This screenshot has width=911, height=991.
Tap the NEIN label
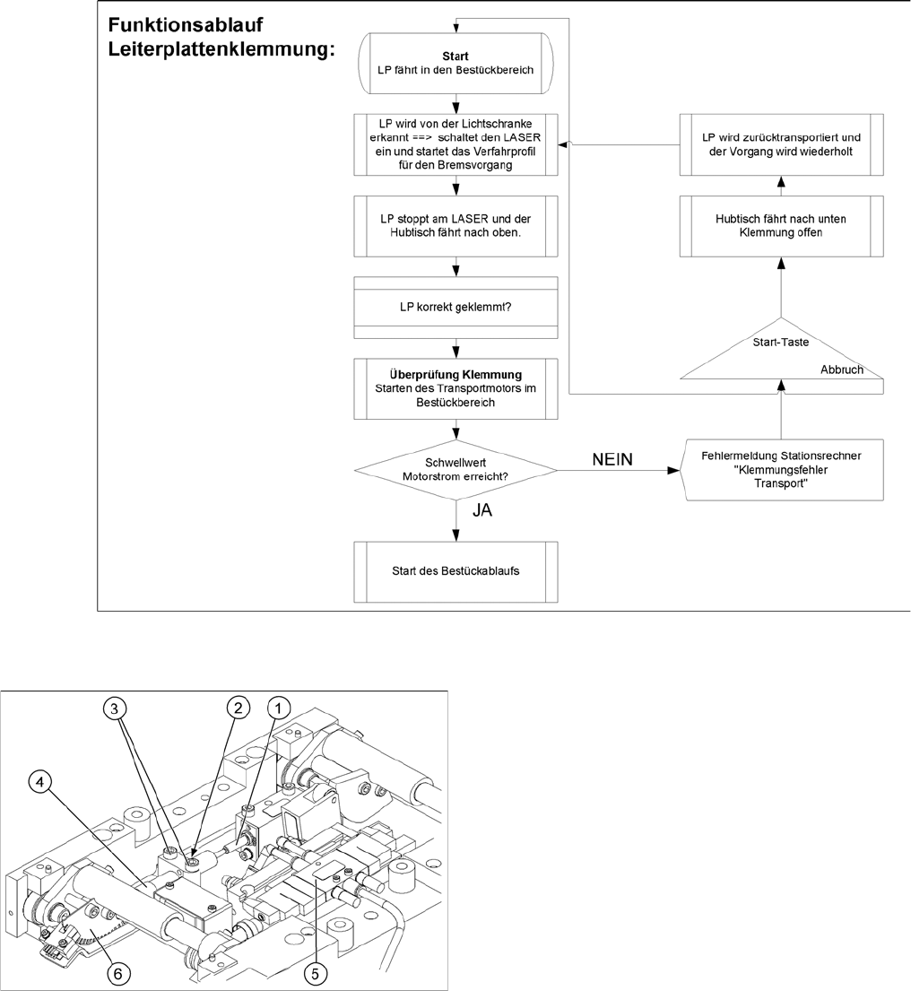coord(612,458)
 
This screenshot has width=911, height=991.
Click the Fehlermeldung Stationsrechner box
coord(781,471)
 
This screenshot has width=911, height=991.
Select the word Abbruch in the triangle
coord(842,369)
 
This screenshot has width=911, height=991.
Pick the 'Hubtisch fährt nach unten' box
coord(780,225)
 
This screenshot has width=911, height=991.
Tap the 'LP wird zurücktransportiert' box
coord(780,144)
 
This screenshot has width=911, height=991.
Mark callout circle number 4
coord(39,781)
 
